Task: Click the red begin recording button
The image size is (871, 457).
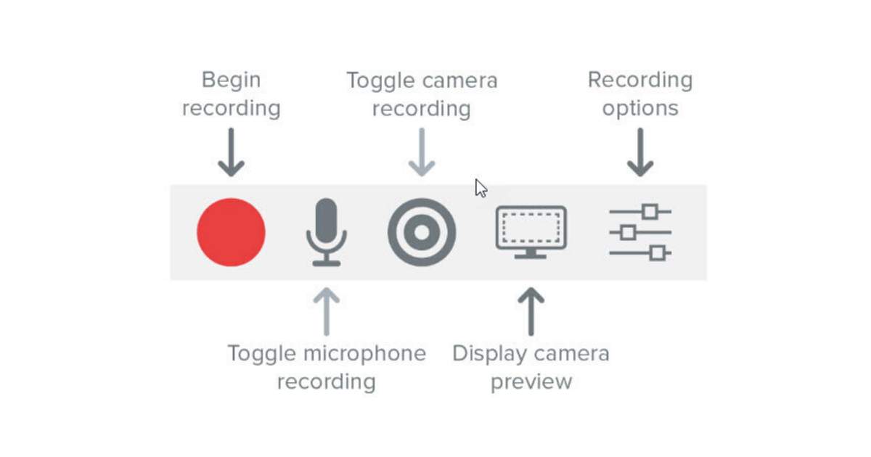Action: pyautogui.click(x=231, y=232)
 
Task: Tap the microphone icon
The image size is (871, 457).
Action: pyautogui.click(x=327, y=231)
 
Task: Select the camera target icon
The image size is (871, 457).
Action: pyautogui.click(x=422, y=232)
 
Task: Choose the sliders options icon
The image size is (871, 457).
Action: pyautogui.click(x=640, y=232)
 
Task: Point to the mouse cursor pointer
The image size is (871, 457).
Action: pyautogui.click(x=480, y=188)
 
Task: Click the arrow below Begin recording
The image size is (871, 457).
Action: pyautogui.click(x=231, y=152)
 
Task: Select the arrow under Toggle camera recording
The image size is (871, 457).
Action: pyautogui.click(x=422, y=152)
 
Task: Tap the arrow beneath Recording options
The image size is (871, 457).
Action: pyautogui.click(x=640, y=152)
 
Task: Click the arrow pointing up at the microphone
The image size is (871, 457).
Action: pyautogui.click(x=327, y=311)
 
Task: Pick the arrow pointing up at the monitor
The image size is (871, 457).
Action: pyautogui.click(x=531, y=311)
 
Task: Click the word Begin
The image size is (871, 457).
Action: pyautogui.click(x=231, y=80)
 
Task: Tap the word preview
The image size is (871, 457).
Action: pyautogui.click(x=531, y=382)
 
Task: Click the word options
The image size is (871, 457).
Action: pyautogui.click(x=640, y=109)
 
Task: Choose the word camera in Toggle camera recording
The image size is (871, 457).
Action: pyautogui.click(x=456, y=80)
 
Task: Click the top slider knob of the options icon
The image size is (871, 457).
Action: pyautogui.click(x=650, y=211)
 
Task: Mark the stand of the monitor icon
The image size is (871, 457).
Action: pyautogui.click(x=531, y=254)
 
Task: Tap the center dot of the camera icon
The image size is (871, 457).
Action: pyautogui.click(x=422, y=232)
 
